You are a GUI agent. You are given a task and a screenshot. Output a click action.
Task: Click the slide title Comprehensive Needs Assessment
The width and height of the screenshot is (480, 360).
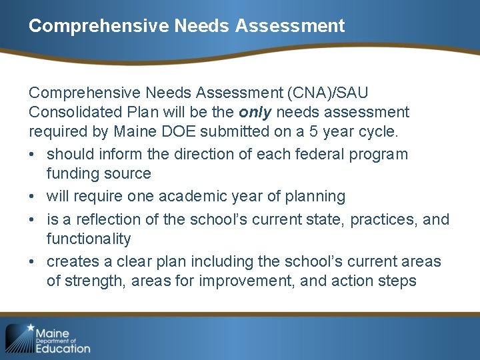pyautogui.click(x=187, y=26)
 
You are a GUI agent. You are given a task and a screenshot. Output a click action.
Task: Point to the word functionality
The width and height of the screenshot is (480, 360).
pyautogui.click(x=88, y=238)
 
